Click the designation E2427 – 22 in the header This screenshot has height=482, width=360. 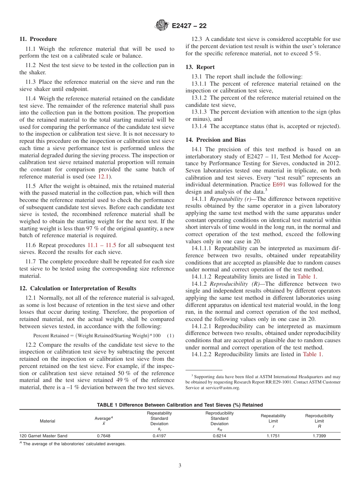189,26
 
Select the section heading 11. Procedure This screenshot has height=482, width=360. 38,39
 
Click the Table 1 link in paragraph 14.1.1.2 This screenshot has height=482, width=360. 307,277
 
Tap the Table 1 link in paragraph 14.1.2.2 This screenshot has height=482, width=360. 312,354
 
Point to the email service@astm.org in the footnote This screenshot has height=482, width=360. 222,388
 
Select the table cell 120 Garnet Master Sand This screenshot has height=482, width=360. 44,436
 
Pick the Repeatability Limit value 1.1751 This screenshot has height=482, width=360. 273,436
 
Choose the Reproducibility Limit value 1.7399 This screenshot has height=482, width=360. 319,436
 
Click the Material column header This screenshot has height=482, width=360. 47,421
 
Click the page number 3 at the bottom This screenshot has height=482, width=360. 180,466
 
